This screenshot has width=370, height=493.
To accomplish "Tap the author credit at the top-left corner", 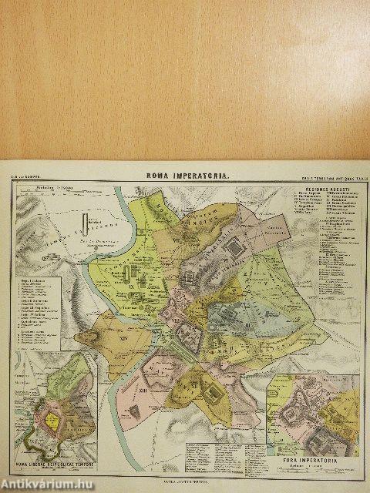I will (23, 177).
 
